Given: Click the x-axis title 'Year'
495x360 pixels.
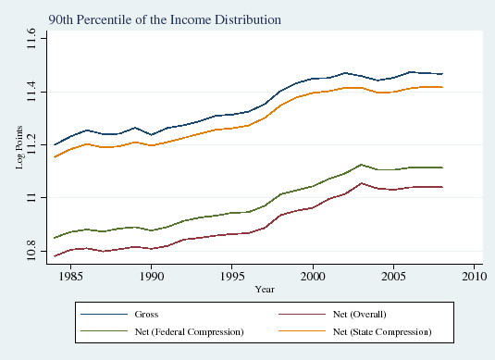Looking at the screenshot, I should coord(266,289).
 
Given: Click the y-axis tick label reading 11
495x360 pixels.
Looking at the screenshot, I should coord(32,198).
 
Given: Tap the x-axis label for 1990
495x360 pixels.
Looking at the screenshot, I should coord(152,276).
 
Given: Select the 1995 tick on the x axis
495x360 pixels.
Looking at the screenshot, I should coord(232,276).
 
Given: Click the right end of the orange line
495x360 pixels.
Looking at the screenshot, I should coord(441,87).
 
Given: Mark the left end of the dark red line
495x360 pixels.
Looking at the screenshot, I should coord(55,255).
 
